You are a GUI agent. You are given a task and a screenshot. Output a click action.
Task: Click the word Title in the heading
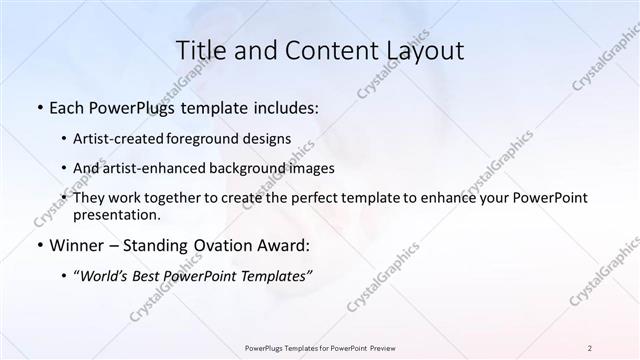(199, 50)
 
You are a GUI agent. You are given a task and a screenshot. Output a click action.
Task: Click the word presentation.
(116, 214)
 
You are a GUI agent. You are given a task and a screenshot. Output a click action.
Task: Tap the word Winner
(76, 245)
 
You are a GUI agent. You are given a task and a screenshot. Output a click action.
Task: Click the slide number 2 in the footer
(590, 348)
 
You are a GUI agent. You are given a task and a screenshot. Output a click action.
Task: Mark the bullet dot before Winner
(39, 245)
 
